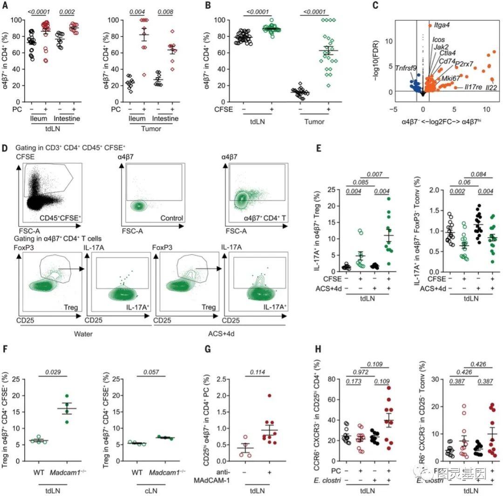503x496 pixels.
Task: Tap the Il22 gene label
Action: tap(491, 87)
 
